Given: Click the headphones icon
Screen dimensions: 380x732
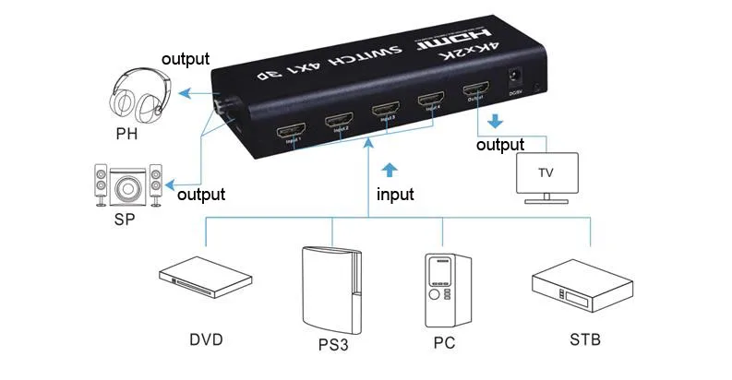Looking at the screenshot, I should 138,96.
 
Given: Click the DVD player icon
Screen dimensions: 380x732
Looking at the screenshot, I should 205,277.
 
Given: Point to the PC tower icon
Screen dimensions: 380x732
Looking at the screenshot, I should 441,290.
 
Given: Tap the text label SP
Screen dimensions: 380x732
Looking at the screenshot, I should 128,222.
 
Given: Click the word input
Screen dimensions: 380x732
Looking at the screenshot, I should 395,195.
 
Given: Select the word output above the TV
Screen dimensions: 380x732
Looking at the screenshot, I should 500,145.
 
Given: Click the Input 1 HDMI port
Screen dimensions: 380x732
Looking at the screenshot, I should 292,133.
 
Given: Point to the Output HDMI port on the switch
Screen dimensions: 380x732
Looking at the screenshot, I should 476,91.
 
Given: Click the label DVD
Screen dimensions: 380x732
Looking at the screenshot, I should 206,339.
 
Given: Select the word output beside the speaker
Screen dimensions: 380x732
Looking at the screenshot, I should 201,195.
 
